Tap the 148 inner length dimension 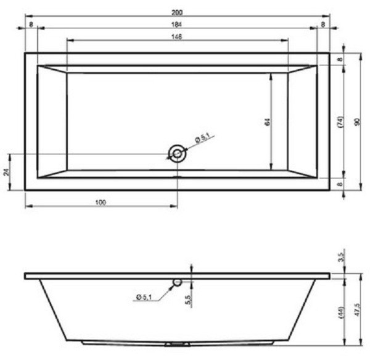pos(177,36)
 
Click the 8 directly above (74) pos(340,59)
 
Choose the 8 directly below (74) pos(340,184)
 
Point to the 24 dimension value pos(7,172)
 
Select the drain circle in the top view pos(178,154)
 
